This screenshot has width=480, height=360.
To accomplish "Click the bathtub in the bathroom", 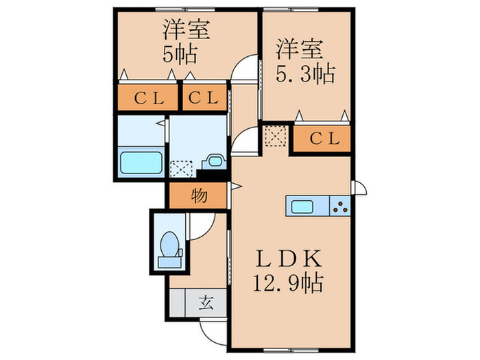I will tap(141, 163).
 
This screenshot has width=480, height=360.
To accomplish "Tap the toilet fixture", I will tap(168, 248).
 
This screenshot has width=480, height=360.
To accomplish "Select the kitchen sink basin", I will tap(304, 206).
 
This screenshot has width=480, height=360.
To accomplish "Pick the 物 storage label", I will tap(199, 196).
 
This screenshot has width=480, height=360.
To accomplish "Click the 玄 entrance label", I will tap(206, 302).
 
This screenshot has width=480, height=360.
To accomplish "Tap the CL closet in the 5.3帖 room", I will tap(323, 139).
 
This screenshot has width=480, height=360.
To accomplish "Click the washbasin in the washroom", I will tap(214, 162).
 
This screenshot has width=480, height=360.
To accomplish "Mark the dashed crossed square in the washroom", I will tap(182, 168).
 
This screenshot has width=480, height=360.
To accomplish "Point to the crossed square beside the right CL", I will tap(276, 136).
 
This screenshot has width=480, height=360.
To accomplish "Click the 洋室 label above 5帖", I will tap(186, 30).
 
